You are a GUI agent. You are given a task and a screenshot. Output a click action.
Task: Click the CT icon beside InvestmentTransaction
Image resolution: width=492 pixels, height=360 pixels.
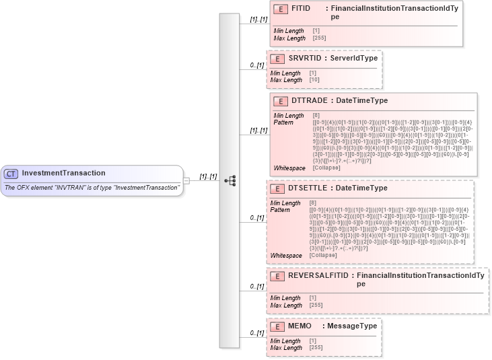coord(11,174)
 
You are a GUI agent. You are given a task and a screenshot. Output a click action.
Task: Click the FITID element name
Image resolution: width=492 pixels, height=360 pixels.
coord(301,9)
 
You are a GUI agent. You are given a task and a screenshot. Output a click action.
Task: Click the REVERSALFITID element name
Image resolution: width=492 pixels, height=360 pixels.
coord(318,276)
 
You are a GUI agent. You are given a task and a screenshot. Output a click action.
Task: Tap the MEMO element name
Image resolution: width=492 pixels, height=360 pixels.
coord(300,326)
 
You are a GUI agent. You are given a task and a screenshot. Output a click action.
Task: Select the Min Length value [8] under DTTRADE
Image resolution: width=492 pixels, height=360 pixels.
coord(316,116)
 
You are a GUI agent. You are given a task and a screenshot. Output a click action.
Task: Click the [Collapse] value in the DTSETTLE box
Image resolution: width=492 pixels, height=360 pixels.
coord(323,255)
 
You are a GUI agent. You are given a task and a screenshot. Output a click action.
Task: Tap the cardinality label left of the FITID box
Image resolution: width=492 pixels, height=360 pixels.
coord(259,21)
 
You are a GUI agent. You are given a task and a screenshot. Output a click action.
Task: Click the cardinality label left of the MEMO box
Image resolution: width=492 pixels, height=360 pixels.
coord(256,332)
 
